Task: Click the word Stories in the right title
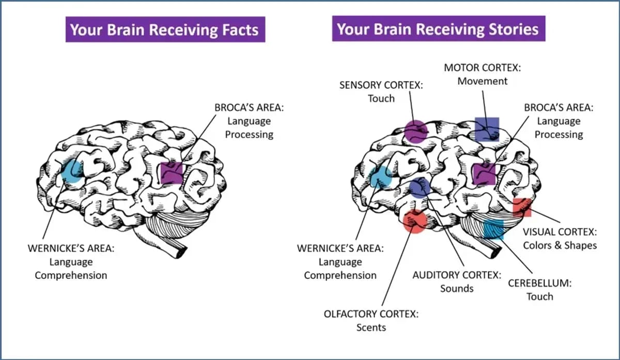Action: (514, 29)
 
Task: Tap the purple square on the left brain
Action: (172, 173)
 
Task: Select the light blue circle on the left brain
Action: (72, 171)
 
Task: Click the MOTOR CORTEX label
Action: (483, 68)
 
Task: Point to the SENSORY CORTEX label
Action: (381, 85)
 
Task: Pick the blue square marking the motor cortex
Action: (487, 129)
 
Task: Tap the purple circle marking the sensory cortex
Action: (416, 131)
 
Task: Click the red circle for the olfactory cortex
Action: (414, 222)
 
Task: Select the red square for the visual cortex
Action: (522, 207)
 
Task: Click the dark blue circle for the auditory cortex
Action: (420, 188)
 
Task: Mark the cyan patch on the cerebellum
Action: (493, 229)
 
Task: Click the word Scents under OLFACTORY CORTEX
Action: (371, 327)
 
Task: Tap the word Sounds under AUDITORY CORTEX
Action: (457, 289)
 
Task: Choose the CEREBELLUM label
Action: (540, 284)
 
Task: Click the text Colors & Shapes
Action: (560, 245)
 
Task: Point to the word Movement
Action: (483, 82)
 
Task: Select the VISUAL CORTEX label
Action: (560, 232)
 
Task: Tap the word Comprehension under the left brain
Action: (71, 276)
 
